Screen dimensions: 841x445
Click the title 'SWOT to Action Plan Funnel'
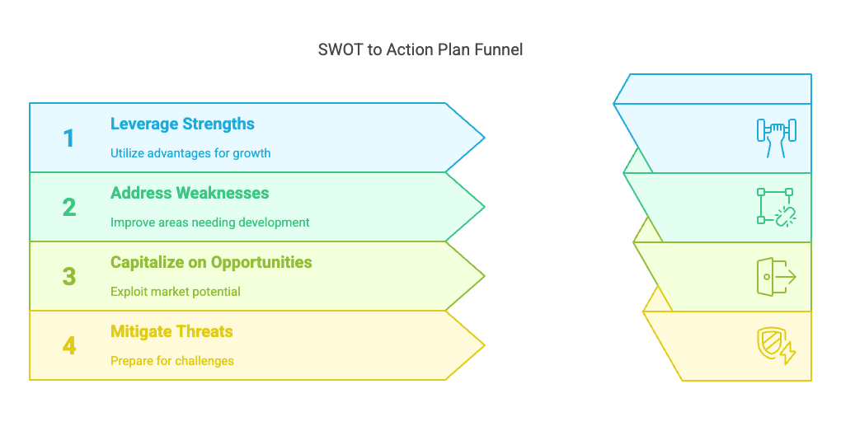(x=420, y=50)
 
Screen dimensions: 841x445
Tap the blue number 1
(x=68, y=138)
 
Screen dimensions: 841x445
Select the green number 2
(x=69, y=208)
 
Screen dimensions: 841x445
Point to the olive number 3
(x=69, y=277)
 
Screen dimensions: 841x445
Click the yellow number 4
(x=69, y=346)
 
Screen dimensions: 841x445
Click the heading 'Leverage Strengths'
(x=182, y=124)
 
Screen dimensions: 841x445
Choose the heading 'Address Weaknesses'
(x=190, y=193)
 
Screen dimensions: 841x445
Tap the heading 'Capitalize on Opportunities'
(x=211, y=263)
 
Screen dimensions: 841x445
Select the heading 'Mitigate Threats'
(x=171, y=332)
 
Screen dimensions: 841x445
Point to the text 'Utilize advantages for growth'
(x=190, y=153)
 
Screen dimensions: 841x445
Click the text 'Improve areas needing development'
(x=209, y=222)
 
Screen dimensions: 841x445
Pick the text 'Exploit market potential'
(x=176, y=292)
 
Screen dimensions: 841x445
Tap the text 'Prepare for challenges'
(x=172, y=361)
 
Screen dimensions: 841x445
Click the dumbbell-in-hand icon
(x=777, y=138)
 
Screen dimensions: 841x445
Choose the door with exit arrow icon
(x=777, y=277)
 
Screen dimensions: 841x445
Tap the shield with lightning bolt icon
(x=777, y=346)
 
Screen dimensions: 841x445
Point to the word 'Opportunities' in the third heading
(x=261, y=263)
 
